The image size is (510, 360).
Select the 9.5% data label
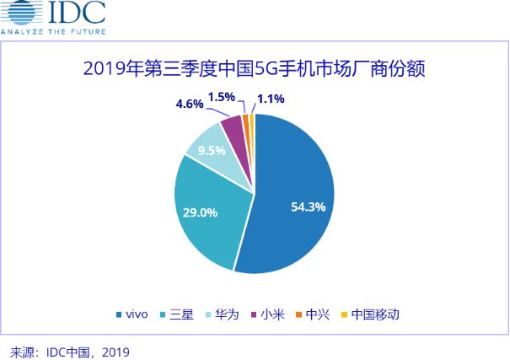point(211,152)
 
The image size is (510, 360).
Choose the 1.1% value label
point(271,99)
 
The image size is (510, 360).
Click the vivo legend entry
point(132,315)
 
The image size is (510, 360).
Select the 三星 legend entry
point(176,315)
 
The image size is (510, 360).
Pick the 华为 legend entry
point(222,315)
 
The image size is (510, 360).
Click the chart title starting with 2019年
point(254,67)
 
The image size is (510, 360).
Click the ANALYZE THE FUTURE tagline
point(52,32)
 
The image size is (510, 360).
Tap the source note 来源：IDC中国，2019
point(69,350)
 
